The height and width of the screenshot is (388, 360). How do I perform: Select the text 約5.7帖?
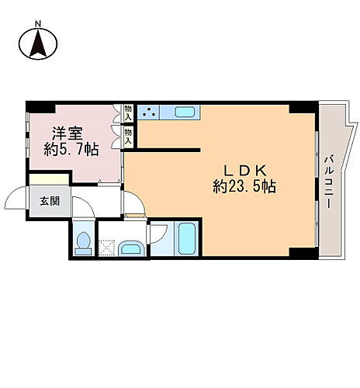click(71, 149)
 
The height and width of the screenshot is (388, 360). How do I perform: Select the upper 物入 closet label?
click(128, 113)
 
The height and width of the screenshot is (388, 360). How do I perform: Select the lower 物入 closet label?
click(128, 137)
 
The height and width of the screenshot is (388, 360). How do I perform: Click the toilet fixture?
click(82, 241)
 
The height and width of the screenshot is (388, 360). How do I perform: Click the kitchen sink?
click(185, 112)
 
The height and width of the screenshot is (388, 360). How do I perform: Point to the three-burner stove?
click(149, 112)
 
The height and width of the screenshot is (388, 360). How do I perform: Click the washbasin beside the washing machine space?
click(132, 248)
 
